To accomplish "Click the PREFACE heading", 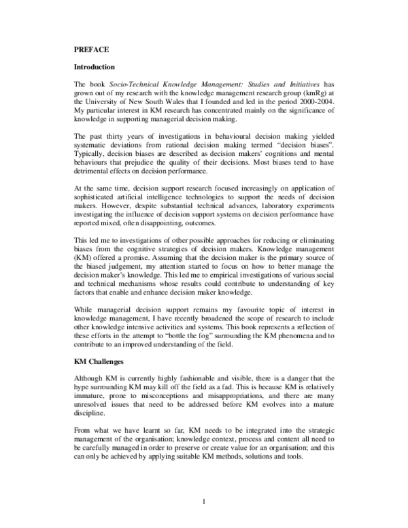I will coord(90,50).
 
